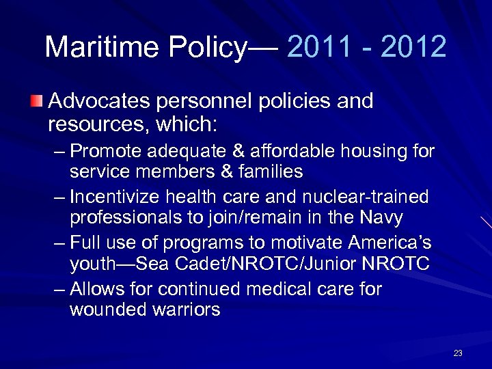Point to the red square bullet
click(x=37, y=102)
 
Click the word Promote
click(x=105, y=150)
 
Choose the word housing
click(x=359, y=150)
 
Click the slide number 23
click(x=458, y=353)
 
